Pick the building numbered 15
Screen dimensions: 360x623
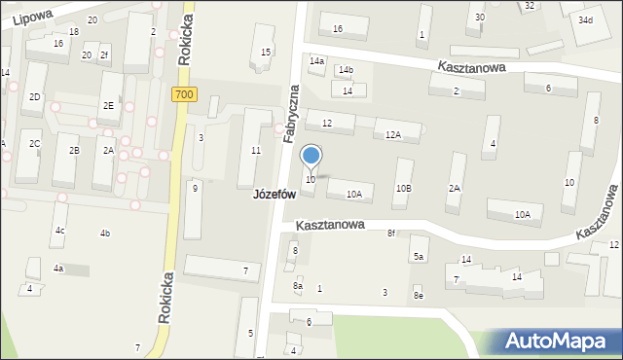tap(266, 52)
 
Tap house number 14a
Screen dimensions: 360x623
tap(316, 61)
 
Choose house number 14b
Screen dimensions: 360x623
tap(346, 70)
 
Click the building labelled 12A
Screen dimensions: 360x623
tap(393, 134)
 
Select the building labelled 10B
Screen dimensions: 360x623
tap(403, 188)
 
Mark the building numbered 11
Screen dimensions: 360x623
tap(256, 150)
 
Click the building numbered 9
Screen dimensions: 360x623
tap(195, 188)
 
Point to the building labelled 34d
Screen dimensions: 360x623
tap(585, 20)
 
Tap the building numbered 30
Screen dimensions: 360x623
tap(479, 18)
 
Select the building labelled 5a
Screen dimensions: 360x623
tap(419, 256)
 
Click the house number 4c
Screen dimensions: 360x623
tap(59, 231)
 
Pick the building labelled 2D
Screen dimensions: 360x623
tap(34, 96)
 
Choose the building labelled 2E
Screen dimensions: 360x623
tap(109, 105)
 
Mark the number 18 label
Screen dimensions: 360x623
tap(74, 32)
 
